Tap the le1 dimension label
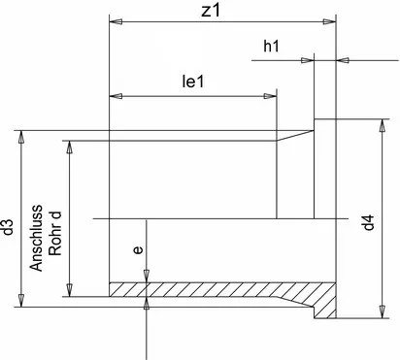coord(195,83)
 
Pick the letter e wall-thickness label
coord(138,250)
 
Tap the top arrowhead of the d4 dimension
coord(378,123)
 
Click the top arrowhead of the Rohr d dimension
coord(69,147)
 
